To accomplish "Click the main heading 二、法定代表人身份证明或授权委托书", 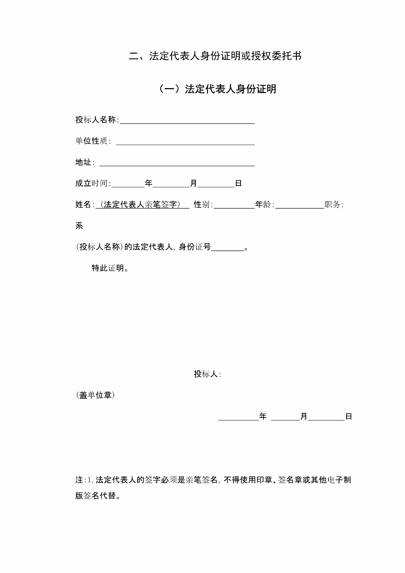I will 215,56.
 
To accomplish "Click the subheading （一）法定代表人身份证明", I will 217,89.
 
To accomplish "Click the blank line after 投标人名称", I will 187,121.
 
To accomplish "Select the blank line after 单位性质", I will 185,142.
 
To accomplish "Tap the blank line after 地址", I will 177,163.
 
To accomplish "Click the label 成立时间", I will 91,184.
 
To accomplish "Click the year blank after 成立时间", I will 128,185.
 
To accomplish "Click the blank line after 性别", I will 234,206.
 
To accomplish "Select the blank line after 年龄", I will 299,206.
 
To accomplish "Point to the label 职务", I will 333,205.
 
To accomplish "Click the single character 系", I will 79,226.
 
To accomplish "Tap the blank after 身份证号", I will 227,249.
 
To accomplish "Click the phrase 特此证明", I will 110,268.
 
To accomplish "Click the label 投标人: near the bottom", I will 207,374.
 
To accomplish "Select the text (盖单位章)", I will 95,395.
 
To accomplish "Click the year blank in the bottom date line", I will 238,418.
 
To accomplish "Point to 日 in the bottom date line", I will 348,416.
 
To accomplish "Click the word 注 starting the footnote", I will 79,480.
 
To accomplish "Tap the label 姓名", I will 83,205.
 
